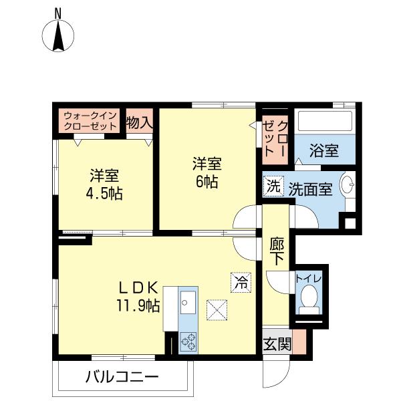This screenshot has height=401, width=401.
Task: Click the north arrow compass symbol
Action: coord(58,35)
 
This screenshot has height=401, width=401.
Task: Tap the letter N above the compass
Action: coord(58,11)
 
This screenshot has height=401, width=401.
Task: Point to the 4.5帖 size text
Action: coord(105,194)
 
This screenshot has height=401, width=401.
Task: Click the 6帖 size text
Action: coord(207,181)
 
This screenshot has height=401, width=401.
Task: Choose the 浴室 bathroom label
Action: coord(323,150)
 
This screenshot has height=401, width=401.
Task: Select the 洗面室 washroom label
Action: coord(310,189)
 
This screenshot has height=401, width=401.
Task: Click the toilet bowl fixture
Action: coord(308,299)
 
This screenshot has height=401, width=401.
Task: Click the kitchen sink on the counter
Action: coord(188,305)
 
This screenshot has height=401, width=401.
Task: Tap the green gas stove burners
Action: coord(188,342)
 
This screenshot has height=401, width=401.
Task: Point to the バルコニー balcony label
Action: coord(122,376)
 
